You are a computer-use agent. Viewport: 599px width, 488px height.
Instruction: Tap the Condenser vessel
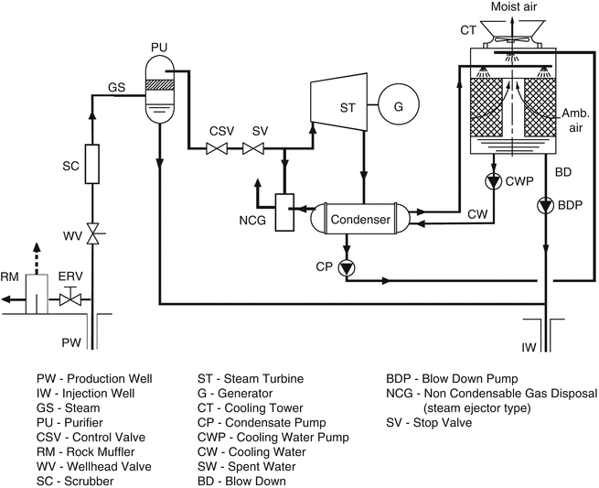click(360, 219)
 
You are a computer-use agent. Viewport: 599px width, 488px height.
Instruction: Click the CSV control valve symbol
click(217, 148)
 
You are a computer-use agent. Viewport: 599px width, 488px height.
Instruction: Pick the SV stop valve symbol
click(253, 148)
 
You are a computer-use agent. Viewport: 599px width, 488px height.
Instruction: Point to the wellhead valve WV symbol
click(93, 233)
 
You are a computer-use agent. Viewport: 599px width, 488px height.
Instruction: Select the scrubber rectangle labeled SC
click(92, 164)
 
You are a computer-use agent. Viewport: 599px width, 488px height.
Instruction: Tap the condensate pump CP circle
click(347, 267)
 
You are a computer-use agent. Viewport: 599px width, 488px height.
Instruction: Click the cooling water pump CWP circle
click(494, 181)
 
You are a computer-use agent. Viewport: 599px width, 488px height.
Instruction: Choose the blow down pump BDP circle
click(545, 206)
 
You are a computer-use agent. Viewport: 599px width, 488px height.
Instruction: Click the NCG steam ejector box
click(284, 212)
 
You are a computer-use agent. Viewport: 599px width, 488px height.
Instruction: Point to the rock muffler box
click(37, 294)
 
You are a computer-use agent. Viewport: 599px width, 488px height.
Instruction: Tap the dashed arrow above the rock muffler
click(37, 258)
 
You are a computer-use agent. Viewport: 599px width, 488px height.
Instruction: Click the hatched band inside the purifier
click(159, 84)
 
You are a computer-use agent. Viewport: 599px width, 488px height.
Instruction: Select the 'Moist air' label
click(514, 6)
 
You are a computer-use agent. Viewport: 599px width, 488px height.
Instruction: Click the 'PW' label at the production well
click(71, 342)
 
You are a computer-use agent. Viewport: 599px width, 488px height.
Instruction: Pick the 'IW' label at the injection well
click(529, 347)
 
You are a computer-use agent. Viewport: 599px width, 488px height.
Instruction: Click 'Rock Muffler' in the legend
click(101, 451)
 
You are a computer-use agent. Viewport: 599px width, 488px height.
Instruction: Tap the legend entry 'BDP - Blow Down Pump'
click(452, 379)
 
